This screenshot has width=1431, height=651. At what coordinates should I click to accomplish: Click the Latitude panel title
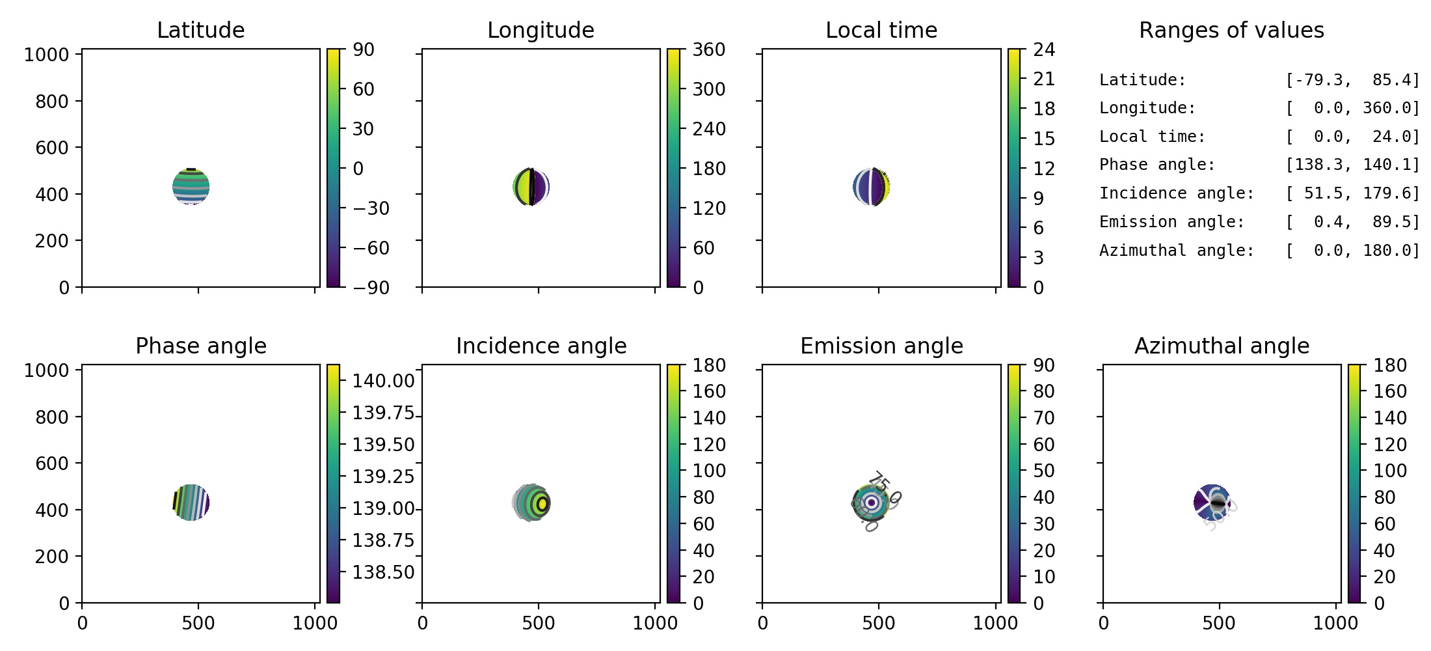(x=200, y=30)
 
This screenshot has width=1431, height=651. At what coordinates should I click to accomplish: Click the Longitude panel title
(x=541, y=30)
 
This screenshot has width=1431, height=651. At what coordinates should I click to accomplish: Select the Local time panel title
(x=881, y=30)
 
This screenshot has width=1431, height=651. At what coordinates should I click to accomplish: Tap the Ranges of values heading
(x=1231, y=30)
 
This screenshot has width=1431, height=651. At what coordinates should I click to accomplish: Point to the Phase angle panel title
(x=200, y=346)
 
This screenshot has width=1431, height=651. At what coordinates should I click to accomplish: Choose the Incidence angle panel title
(x=541, y=346)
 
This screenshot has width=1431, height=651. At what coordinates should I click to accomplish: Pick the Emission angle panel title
(x=881, y=346)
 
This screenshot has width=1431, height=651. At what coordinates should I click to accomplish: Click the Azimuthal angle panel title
(x=1222, y=346)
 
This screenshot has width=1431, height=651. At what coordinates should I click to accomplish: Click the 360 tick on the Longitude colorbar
(x=708, y=50)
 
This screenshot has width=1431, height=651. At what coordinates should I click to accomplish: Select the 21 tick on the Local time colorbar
(x=1043, y=79)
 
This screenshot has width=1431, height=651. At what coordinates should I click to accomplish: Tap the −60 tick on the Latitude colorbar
(x=371, y=248)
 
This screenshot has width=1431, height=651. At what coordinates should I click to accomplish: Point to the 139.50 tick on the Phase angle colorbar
(x=383, y=445)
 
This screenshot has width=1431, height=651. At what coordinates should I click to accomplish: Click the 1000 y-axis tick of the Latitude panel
(x=47, y=55)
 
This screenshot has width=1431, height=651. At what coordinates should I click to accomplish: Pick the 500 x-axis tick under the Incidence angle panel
(x=539, y=623)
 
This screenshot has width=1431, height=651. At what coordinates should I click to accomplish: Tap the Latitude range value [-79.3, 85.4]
(x=1352, y=80)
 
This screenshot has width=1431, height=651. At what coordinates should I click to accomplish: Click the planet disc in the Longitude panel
(x=531, y=187)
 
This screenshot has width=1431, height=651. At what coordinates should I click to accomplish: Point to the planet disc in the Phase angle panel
(x=191, y=503)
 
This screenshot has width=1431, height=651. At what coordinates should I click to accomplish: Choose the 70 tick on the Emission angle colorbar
(x=1043, y=418)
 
